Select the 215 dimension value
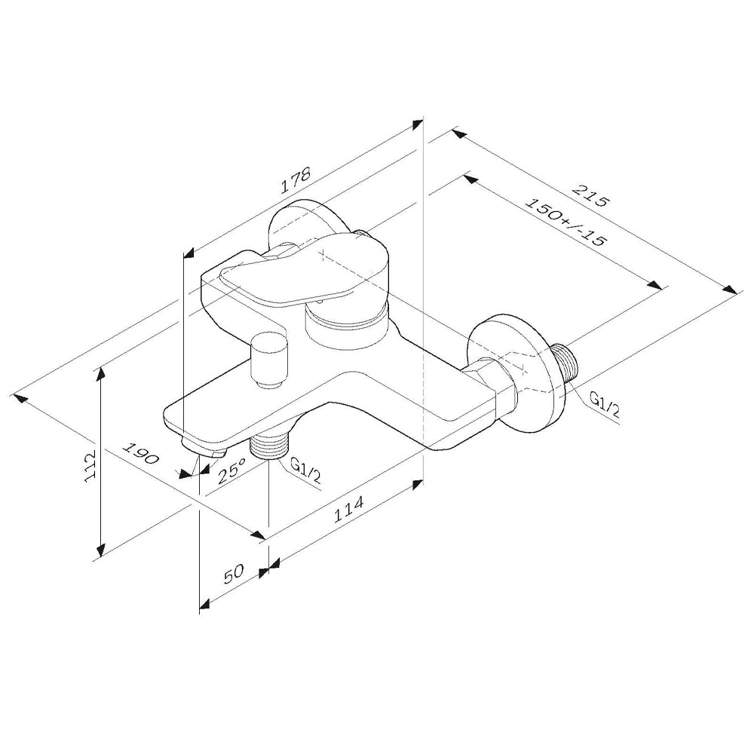590,195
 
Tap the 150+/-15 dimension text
564,222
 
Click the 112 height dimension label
90,465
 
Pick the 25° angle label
231,470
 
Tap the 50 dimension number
234,574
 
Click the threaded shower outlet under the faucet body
268,446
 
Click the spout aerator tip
204,448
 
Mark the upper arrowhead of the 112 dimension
100,376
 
